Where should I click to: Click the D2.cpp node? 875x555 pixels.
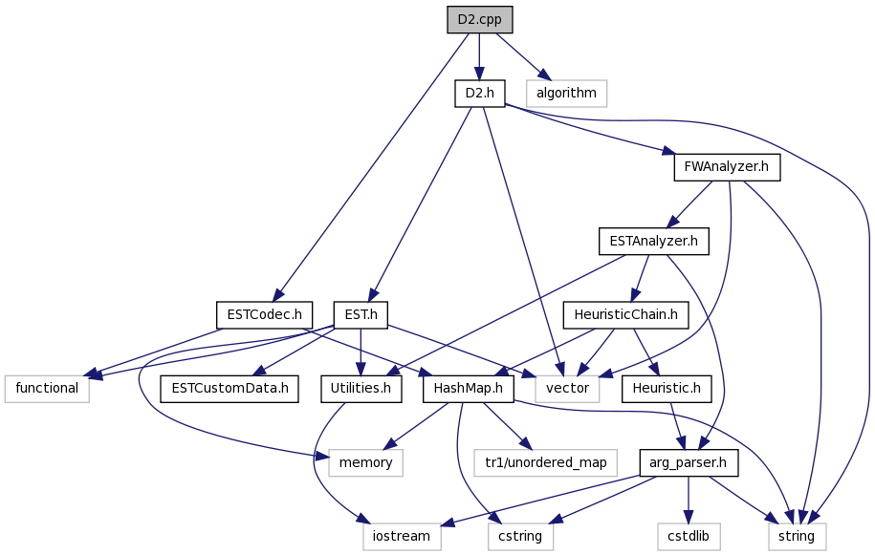click(x=479, y=19)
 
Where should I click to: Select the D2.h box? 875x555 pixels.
click(x=479, y=93)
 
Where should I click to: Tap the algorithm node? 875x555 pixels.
click(x=566, y=93)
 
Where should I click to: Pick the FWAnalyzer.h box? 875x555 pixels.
click(x=727, y=167)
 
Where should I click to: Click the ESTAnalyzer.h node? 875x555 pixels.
click(x=653, y=242)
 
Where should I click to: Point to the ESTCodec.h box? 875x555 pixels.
click(x=265, y=315)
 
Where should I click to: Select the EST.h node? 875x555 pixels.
click(x=361, y=315)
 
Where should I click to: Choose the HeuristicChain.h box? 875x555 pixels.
click(x=625, y=315)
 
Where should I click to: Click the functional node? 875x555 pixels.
click(x=47, y=389)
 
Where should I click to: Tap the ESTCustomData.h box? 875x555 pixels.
click(x=230, y=389)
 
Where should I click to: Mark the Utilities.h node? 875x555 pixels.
click(x=361, y=389)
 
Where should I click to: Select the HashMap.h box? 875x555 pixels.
click(x=469, y=389)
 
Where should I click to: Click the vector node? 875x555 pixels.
click(x=567, y=389)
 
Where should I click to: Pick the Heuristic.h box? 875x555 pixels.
click(x=667, y=389)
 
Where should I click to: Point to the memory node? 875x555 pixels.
click(x=365, y=462)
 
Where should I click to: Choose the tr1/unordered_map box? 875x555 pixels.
click(x=546, y=462)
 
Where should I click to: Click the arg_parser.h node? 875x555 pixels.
click(x=689, y=462)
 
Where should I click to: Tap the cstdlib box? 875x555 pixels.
click(x=689, y=536)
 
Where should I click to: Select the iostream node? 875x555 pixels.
click(x=402, y=536)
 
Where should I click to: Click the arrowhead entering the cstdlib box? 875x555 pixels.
click(x=689, y=517)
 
